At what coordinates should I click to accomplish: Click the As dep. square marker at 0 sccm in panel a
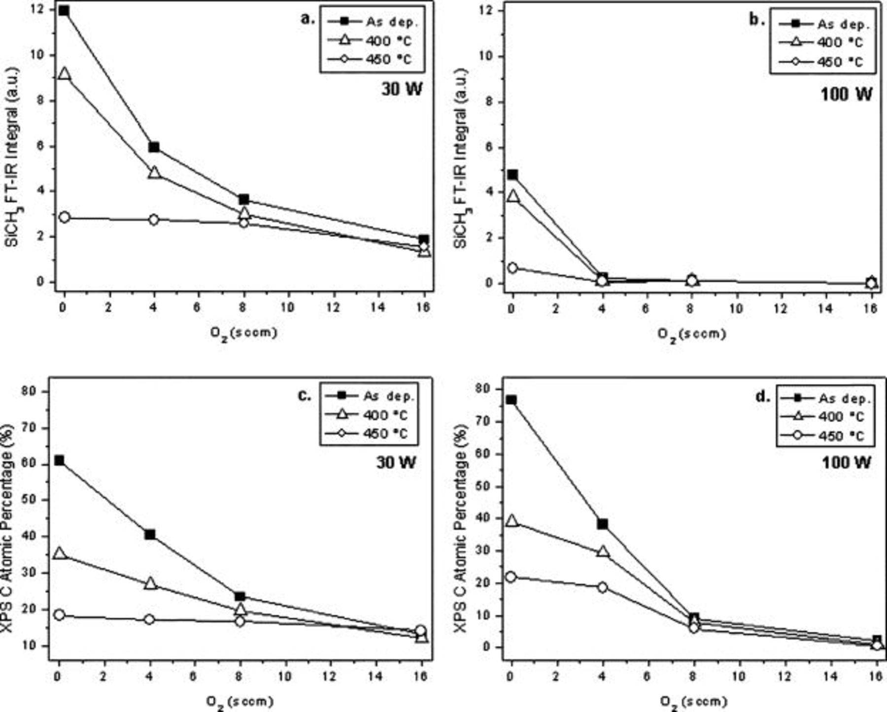pyautogui.click(x=64, y=11)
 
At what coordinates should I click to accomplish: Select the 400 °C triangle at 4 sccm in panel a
pyautogui.click(x=154, y=172)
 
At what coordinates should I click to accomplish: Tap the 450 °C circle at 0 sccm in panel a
pyautogui.click(x=64, y=218)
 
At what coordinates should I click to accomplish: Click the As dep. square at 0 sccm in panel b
pyautogui.click(x=512, y=174)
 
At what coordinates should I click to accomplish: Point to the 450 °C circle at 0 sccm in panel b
pyautogui.click(x=512, y=268)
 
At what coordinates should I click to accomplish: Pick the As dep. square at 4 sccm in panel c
pyautogui.click(x=150, y=535)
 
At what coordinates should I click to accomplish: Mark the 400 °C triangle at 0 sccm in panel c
pyautogui.click(x=60, y=553)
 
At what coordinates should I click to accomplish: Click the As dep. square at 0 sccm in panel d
pyautogui.click(x=511, y=400)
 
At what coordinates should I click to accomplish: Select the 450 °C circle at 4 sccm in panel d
pyautogui.click(x=602, y=587)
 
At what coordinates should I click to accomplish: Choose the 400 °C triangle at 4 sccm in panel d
pyautogui.click(x=602, y=551)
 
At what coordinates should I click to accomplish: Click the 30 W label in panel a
pyautogui.click(x=402, y=89)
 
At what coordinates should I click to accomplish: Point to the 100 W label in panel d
pyautogui.click(x=846, y=462)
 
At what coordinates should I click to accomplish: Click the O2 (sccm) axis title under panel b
pyautogui.click(x=692, y=335)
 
